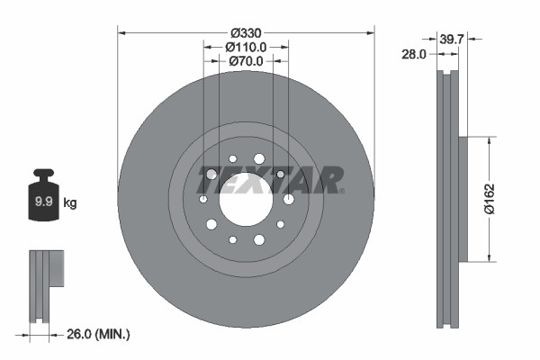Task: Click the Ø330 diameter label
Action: pos(246,29)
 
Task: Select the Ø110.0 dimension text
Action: pos(246,46)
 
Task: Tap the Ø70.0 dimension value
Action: pos(246,61)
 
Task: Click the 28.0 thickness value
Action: pos(415,55)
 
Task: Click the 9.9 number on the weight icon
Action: pos(43,203)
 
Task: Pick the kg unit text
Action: pos(70,203)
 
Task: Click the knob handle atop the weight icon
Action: pos(43,173)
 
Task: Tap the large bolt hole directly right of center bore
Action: pos(288,199)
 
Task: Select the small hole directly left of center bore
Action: pos(203,199)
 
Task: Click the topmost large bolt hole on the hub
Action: pos(259,158)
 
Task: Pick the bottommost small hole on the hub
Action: pos(233,239)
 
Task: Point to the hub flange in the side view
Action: pos(463,199)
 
